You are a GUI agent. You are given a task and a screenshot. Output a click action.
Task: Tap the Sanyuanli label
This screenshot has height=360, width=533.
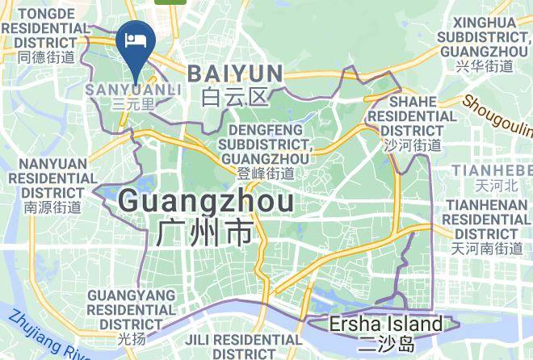click(x=134, y=89)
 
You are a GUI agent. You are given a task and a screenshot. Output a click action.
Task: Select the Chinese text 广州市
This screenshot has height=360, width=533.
click(x=205, y=233)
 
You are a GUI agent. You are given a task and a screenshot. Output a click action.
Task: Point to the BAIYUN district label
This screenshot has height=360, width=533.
click(x=235, y=74)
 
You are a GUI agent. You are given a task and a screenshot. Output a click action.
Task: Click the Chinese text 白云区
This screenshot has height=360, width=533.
click(x=235, y=98)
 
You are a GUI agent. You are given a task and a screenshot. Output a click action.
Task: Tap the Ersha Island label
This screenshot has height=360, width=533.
click(x=387, y=324)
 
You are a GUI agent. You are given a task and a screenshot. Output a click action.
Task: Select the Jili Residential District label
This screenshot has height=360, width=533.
click(x=234, y=347)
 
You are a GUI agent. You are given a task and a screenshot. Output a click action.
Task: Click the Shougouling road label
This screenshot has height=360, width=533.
click(x=497, y=116)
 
